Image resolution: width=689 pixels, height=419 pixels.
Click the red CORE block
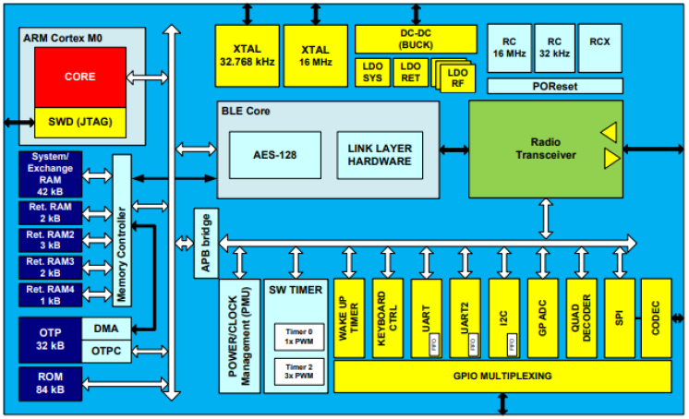[79, 77]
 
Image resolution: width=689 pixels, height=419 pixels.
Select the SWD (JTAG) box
[79, 121]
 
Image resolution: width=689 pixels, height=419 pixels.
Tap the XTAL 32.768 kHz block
[247, 54]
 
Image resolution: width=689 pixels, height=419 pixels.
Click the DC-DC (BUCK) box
[416, 39]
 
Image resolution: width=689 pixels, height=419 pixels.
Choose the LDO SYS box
[372, 73]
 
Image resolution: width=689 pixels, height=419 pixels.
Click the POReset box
[554, 87]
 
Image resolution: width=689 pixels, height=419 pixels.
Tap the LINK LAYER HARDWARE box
[380, 154]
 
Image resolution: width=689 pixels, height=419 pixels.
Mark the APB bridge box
[204, 242]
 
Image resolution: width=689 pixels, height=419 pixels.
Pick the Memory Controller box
[122, 231]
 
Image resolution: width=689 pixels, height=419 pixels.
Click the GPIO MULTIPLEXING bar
[502, 376]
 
